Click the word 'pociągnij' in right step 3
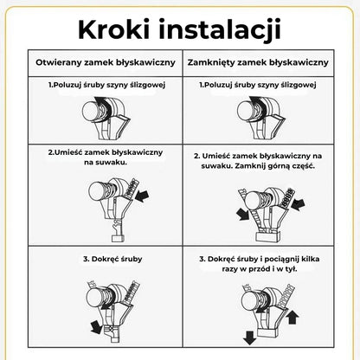tap(280, 259)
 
